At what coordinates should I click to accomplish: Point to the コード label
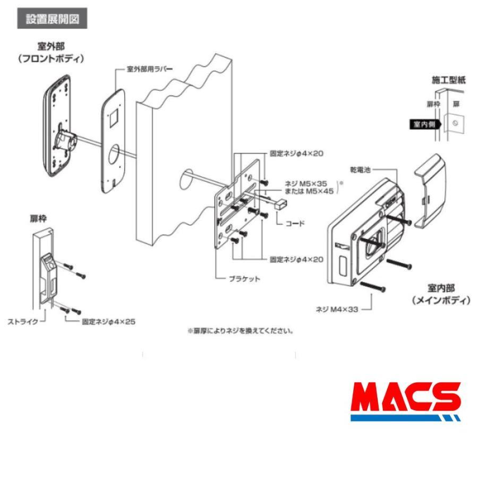coord(295,223)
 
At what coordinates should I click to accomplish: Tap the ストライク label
coord(23,321)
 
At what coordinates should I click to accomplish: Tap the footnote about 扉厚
coord(240,330)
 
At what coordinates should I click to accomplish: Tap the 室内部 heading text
coord(441,289)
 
